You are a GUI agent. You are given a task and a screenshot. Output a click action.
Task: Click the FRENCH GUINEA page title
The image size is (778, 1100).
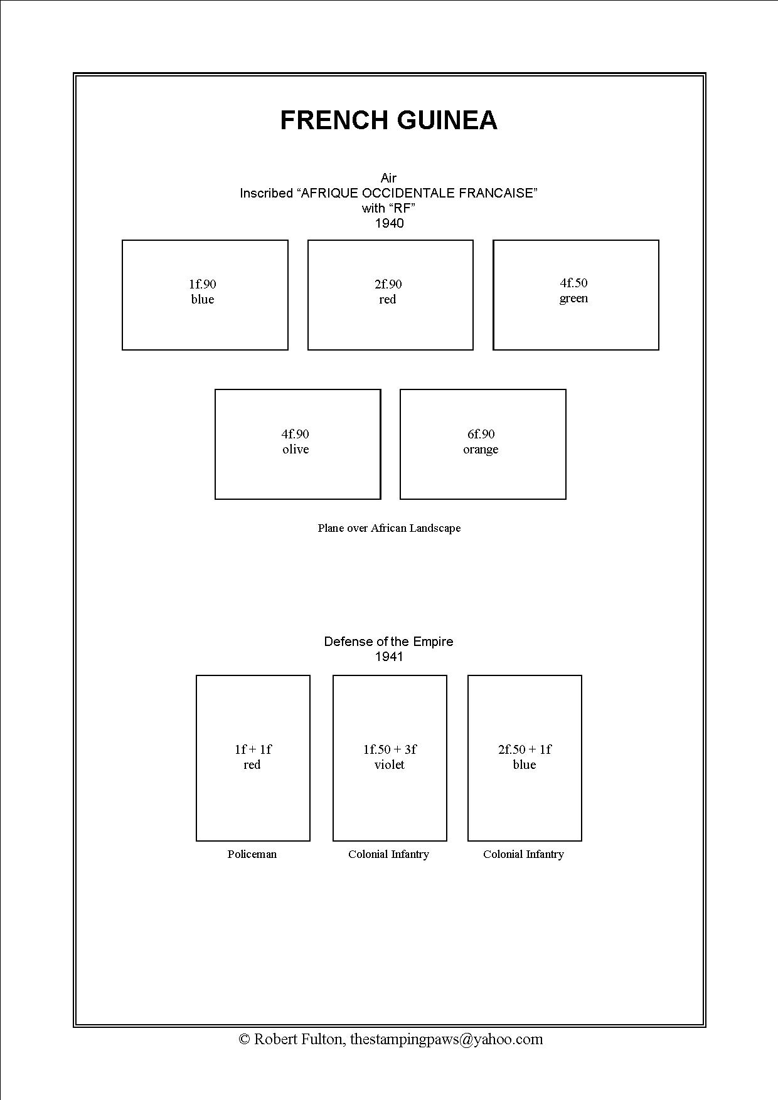coord(388,120)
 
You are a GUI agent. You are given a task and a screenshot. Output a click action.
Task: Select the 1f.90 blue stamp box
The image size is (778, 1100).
coord(205,295)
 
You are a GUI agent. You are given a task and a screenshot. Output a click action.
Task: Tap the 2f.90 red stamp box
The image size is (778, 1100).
coord(390,295)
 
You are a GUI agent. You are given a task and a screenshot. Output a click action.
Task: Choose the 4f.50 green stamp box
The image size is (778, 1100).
coord(576,295)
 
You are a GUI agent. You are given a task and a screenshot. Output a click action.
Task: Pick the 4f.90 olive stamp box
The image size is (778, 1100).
coord(298,444)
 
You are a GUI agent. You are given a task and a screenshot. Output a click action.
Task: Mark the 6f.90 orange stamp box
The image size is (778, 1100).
coord(483,444)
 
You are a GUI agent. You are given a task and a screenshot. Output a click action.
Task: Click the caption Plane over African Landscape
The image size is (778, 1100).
coord(389,528)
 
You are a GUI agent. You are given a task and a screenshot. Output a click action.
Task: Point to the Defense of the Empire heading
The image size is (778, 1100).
coord(388,642)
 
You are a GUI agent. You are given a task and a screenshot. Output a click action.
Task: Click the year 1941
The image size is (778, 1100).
coord(389,657)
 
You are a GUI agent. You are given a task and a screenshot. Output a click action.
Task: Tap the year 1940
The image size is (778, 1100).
coord(389,223)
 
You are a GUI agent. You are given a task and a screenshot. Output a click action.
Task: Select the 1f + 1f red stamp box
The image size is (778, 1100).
coord(253,758)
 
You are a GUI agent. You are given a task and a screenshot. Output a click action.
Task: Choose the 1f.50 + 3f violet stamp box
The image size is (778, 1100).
coord(390,758)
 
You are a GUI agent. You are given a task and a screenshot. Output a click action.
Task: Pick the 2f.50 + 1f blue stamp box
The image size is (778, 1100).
coord(525,758)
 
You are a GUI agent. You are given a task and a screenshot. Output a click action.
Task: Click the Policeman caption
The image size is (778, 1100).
coord(252,854)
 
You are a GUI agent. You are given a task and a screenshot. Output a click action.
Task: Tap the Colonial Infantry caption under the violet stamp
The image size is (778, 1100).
coord(388,854)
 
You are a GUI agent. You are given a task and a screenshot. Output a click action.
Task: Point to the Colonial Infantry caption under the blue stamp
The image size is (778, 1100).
coord(523,854)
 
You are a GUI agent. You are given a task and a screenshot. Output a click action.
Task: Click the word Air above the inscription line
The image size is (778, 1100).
coord(388,178)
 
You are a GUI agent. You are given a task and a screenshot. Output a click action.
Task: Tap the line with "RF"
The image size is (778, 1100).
coord(388,208)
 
